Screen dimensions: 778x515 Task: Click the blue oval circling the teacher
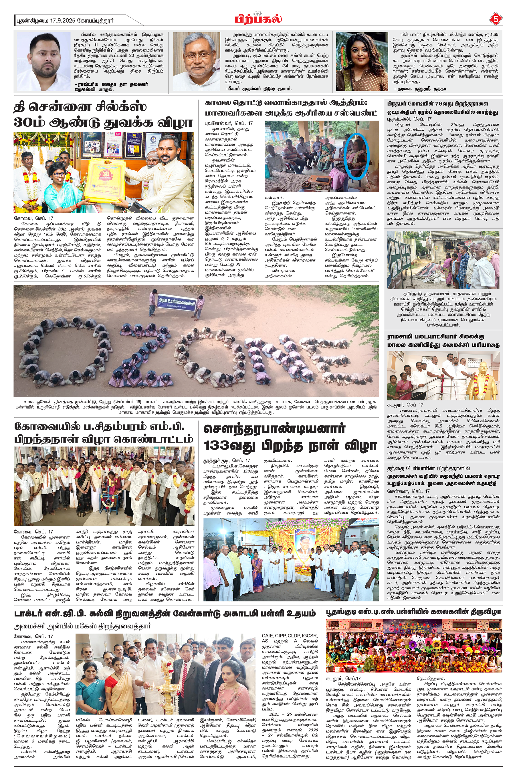click(357, 156)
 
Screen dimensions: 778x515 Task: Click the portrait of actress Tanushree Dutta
click(362, 61)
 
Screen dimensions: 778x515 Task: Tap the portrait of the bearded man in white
click(43, 61)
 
